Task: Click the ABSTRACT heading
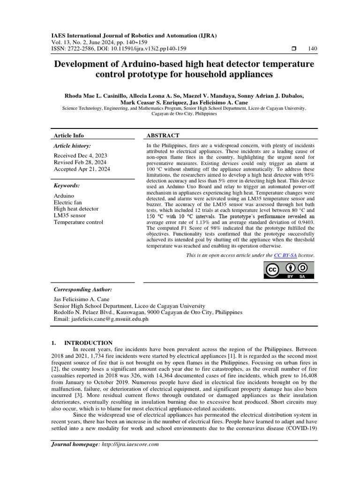(x=163, y=135)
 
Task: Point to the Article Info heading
(x=69, y=135)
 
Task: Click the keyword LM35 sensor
(x=70, y=215)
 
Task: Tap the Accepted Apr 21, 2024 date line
(x=82, y=169)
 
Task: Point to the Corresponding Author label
(x=83, y=290)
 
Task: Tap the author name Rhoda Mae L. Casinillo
(x=97, y=96)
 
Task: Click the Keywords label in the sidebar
(x=67, y=185)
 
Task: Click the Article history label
(x=73, y=146)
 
